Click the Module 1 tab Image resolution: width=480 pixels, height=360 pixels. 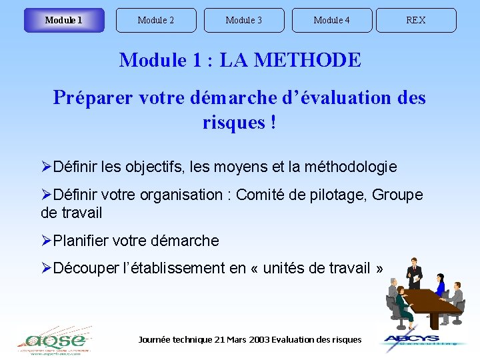click(64, 20)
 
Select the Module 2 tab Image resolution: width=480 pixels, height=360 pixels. click(156, 20)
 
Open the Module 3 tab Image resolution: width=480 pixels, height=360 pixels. click(244, 20)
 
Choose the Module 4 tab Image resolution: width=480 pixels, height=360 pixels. click(332, 20)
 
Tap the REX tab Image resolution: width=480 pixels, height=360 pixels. click(416, 20)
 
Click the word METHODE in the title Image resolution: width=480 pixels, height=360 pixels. click(308, 60)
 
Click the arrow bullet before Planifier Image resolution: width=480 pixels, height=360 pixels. click(47, 241)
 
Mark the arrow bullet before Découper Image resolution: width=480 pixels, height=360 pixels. click(47, 269)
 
